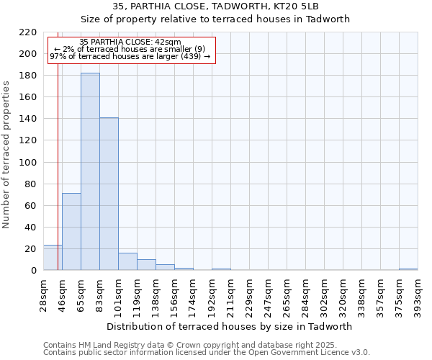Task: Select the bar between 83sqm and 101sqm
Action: coord(109,194)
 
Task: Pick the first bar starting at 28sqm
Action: coord(53,258)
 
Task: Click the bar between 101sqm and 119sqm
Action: coord(127,262)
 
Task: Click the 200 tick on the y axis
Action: coord(27,54)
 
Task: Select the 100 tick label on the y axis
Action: coord(27,163)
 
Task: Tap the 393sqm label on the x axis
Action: coord(418,294)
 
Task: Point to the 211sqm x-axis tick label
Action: coord(230,294)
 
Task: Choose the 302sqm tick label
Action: coord(324,294)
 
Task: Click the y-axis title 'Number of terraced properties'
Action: coord(6,155)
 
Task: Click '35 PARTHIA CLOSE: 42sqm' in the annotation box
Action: coord(130,42)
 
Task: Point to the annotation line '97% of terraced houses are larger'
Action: coord(130,56)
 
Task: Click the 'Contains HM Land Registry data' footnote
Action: coord(190,345)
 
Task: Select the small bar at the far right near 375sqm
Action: coord(408,269)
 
